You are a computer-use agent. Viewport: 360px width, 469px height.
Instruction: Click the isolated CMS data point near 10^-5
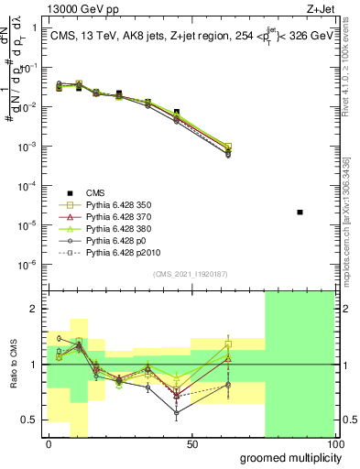300,213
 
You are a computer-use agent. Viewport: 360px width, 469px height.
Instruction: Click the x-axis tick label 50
192,444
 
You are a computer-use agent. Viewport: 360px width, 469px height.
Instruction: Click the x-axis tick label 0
49,444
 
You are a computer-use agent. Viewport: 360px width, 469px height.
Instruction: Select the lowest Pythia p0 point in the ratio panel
177,413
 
